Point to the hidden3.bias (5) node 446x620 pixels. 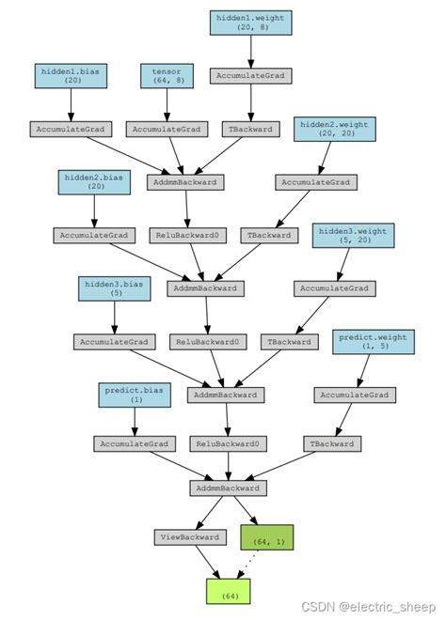[x=114, y=288]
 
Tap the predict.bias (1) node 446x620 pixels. [x=134, y=395]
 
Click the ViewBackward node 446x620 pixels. [x=190, y=537]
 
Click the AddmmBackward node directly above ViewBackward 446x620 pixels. [x=229, y=488]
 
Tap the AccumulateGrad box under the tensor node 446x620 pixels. [x=167, y=129]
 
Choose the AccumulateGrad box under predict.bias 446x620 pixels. [x=134, y=443]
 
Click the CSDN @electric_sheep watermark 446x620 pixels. [x=381, y=607]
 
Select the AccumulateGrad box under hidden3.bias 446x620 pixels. [x=114, y=342]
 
